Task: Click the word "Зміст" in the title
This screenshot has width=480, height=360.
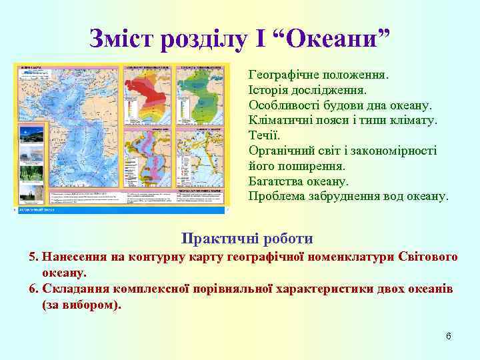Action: pos(123,38)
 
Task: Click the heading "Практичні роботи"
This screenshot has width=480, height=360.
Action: pos(247,238)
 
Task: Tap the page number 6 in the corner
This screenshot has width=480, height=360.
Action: pos(449,335)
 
